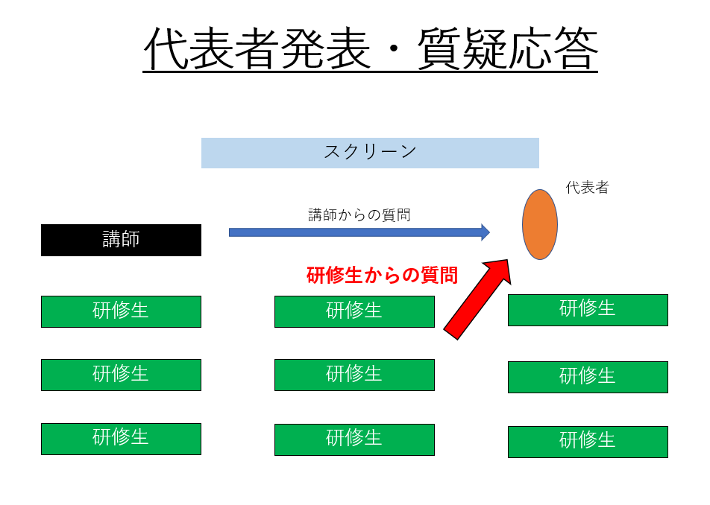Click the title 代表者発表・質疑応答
371,49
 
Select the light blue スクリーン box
370,153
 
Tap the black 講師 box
121,240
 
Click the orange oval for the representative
540,224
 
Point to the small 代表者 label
587,187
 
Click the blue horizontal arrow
359,232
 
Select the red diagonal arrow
478,299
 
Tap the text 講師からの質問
359,215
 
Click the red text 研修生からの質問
382,275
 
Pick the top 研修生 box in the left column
121,311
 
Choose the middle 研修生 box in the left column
121,375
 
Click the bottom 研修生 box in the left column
121,439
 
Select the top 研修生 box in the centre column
354,311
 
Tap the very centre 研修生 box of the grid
354,375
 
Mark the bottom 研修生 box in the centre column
354,439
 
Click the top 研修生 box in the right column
588,310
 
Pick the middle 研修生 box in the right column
588,377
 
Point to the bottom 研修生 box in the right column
588,442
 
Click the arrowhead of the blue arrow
486,232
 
